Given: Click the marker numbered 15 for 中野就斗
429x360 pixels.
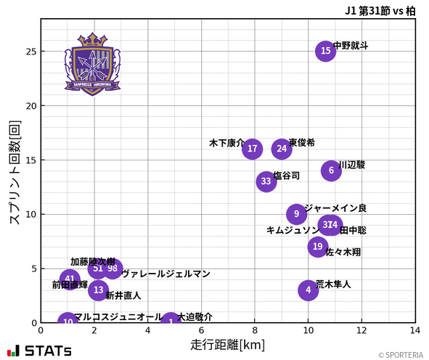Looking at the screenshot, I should pyautogui.click(x=326, y=51).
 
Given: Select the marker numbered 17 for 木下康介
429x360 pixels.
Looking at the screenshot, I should pyautogui.click(x=252, y=150).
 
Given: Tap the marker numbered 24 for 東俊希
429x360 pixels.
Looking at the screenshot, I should pyautogui.click(x=282, y=149).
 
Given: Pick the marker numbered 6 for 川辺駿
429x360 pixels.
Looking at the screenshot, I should pyautogui.click(x=331, y=171).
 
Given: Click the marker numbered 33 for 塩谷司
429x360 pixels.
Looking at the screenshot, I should pyautogui.click(x=266, y=181).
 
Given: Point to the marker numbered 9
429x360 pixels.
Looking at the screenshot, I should pyautogui.click(x=296, y=214).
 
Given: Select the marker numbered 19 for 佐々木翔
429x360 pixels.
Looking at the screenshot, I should pyautogui.click(x=317, y=247).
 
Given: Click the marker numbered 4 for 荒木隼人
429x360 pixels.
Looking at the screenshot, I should pyautogui.click(x=309, y=290).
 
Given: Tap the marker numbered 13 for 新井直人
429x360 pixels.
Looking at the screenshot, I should pyautogui.click(x=99, y=290).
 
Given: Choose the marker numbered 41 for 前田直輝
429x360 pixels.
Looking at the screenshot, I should pyautogui.click(x=70, y=279).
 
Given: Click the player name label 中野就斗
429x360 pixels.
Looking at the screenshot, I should pyautogui.click(x=351, y=46).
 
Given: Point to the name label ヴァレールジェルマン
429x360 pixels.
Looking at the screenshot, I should pyautogui.click(x=166, y=274).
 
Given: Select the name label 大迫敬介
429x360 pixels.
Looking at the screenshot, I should pyautogui.click(x=195, y=317).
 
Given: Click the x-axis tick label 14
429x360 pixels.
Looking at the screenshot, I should pyautogui.click(x=414, y=331).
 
